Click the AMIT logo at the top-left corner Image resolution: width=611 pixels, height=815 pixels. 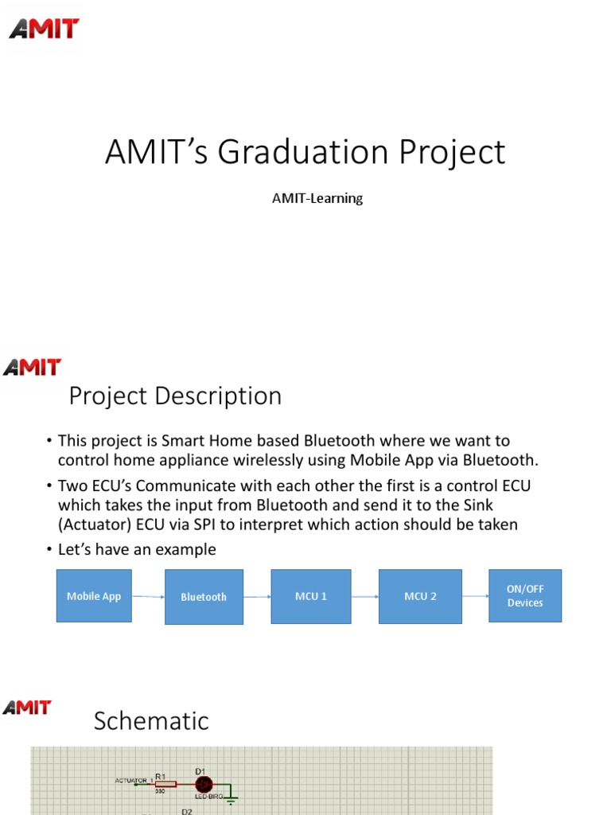pos(45,29)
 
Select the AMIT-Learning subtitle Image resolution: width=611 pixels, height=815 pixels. pos(317,198)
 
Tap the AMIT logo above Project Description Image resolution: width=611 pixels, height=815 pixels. pos(32,367)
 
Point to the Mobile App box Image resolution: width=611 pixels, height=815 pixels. pos(94,596)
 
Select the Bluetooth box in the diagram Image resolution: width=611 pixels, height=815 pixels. pos(204,597)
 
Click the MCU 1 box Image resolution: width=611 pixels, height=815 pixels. pos(311,596)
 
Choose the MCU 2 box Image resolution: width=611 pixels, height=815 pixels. pos(419,596)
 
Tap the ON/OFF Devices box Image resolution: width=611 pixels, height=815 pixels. pos(525,596)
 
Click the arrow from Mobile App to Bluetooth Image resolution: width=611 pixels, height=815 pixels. pos(148,597)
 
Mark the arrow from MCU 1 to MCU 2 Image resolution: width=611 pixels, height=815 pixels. pos(364,596)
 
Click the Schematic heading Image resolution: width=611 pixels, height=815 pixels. pos(151,721)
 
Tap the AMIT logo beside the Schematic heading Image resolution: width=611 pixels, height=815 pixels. pos(27,708)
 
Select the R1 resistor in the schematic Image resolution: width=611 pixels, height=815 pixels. pos(165,784)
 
